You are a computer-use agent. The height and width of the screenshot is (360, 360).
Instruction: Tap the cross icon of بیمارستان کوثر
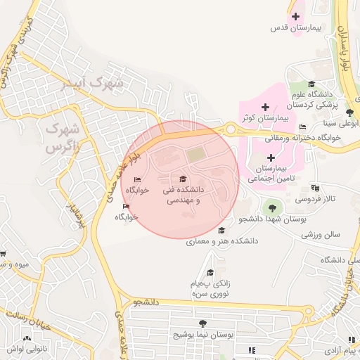[x=265, y=107]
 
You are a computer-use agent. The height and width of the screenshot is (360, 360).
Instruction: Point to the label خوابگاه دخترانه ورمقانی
[x=305, y=137]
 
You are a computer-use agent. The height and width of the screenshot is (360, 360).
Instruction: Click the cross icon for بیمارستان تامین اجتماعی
[x=271, y=157]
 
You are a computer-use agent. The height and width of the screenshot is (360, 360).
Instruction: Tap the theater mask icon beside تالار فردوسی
[x=314, y=188]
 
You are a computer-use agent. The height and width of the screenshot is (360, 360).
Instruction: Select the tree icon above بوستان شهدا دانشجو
[x=271, y=207]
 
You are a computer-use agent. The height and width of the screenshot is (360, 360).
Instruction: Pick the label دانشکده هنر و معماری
[x=222, y=240]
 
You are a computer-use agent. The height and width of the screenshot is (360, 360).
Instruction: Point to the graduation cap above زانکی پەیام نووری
[x=210, y=273]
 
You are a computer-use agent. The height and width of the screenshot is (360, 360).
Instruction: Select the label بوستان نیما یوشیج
[x=203, y=335]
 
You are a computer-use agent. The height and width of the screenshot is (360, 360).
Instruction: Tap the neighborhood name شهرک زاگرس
[x=62, y=138]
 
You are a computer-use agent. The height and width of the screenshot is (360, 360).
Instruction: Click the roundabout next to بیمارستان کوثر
[x=230, y=129]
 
